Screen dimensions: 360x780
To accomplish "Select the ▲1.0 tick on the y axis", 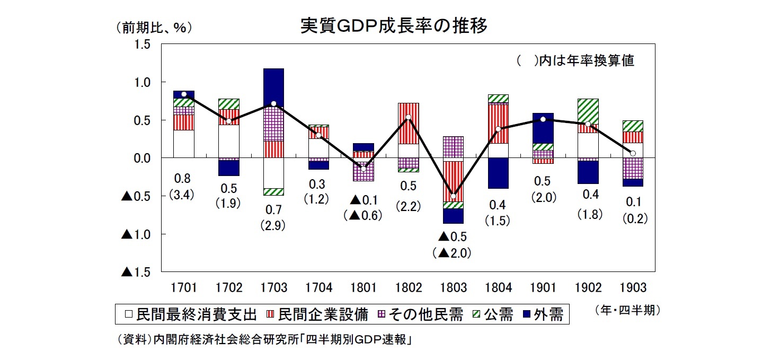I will coord(136,234).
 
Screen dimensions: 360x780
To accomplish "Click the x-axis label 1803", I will coord(453,288).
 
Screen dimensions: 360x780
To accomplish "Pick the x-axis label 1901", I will coord(543,288).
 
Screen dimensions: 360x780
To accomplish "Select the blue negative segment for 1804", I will coord(498,173).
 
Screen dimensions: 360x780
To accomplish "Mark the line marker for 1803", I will coord(453,196).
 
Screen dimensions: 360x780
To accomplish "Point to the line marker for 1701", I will coord(184,94).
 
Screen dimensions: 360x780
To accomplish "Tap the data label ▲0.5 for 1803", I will coord(452,236).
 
